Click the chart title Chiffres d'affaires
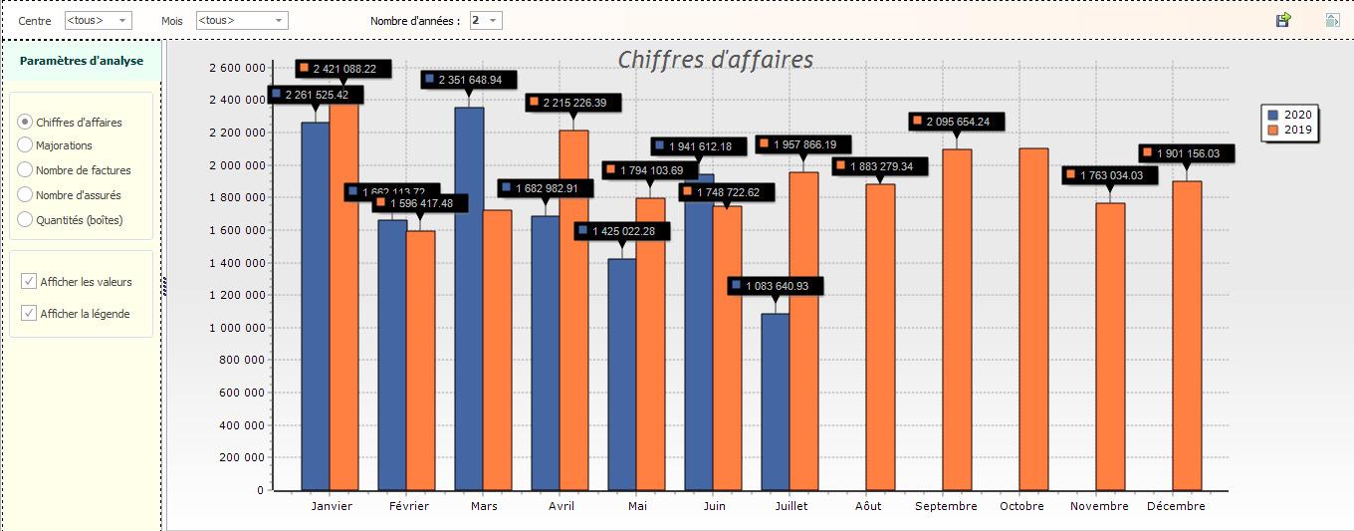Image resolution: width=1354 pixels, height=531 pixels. pyautogui.click(x=715, y=60)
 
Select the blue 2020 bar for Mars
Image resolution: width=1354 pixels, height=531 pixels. pyautogui.click(x=469, y=299)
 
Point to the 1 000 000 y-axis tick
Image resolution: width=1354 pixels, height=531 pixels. pyautogui.click(x=236, y=328)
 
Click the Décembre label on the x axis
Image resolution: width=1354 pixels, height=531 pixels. pyautogui.click(x=1176, y=506)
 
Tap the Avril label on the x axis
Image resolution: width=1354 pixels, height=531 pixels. pyautogui.click(x=561, y=506)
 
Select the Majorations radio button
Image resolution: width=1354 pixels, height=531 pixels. pyautogui.click(x=26, y=145)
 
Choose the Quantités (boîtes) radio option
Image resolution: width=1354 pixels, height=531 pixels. pyautogui.click(x=26, y=220)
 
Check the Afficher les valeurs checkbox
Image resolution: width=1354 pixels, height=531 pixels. pyautogui.click(x=29, y=282)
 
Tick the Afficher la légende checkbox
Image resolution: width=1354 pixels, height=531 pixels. pyautogui.click(x=29, y=314)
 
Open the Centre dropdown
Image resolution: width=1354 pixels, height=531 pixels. pyautogui.click(x=98, y=20)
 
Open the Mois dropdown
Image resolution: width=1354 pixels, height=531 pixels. pyautogui.click(x=242, y=20)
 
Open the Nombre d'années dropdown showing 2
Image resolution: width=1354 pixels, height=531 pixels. pyautogui.click(x=486, y=20)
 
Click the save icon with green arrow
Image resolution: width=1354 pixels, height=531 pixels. pyautogui.click(x=1283, y=20)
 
